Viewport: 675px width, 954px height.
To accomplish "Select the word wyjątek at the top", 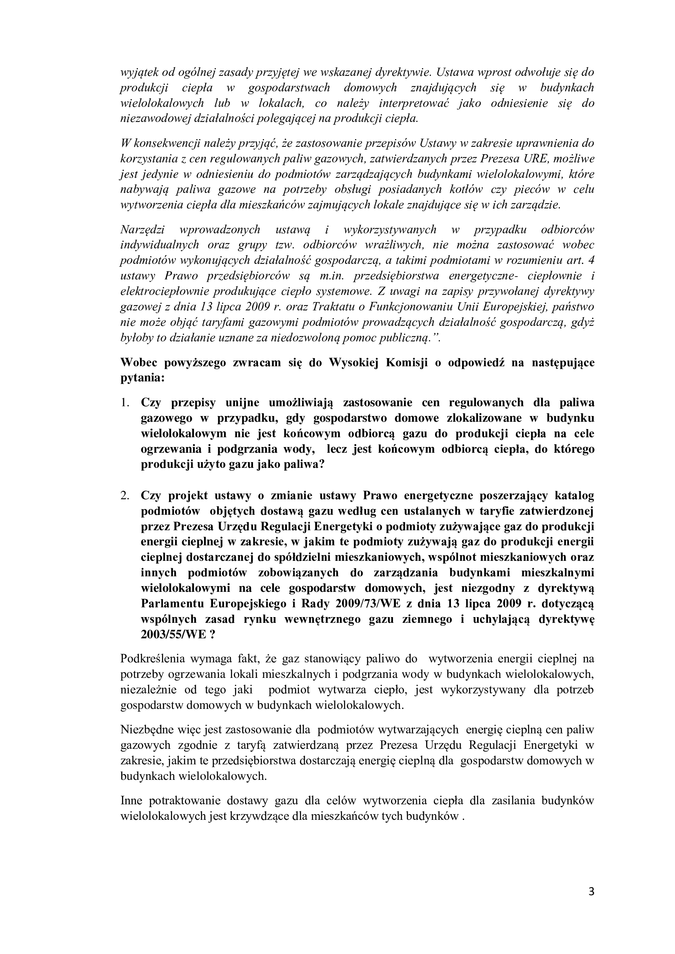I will point(139,72).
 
